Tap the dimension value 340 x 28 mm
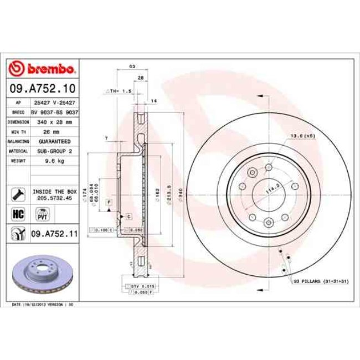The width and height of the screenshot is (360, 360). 54,121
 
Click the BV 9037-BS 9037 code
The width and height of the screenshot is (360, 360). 54,111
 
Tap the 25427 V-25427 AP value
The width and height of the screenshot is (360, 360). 54,102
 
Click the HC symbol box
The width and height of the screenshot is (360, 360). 17,213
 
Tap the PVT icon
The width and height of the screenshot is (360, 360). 41,214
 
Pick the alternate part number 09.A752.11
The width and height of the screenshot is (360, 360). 54,234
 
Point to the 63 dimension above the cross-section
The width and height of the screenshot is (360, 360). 132,66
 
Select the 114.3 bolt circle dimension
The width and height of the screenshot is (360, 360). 271,189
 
